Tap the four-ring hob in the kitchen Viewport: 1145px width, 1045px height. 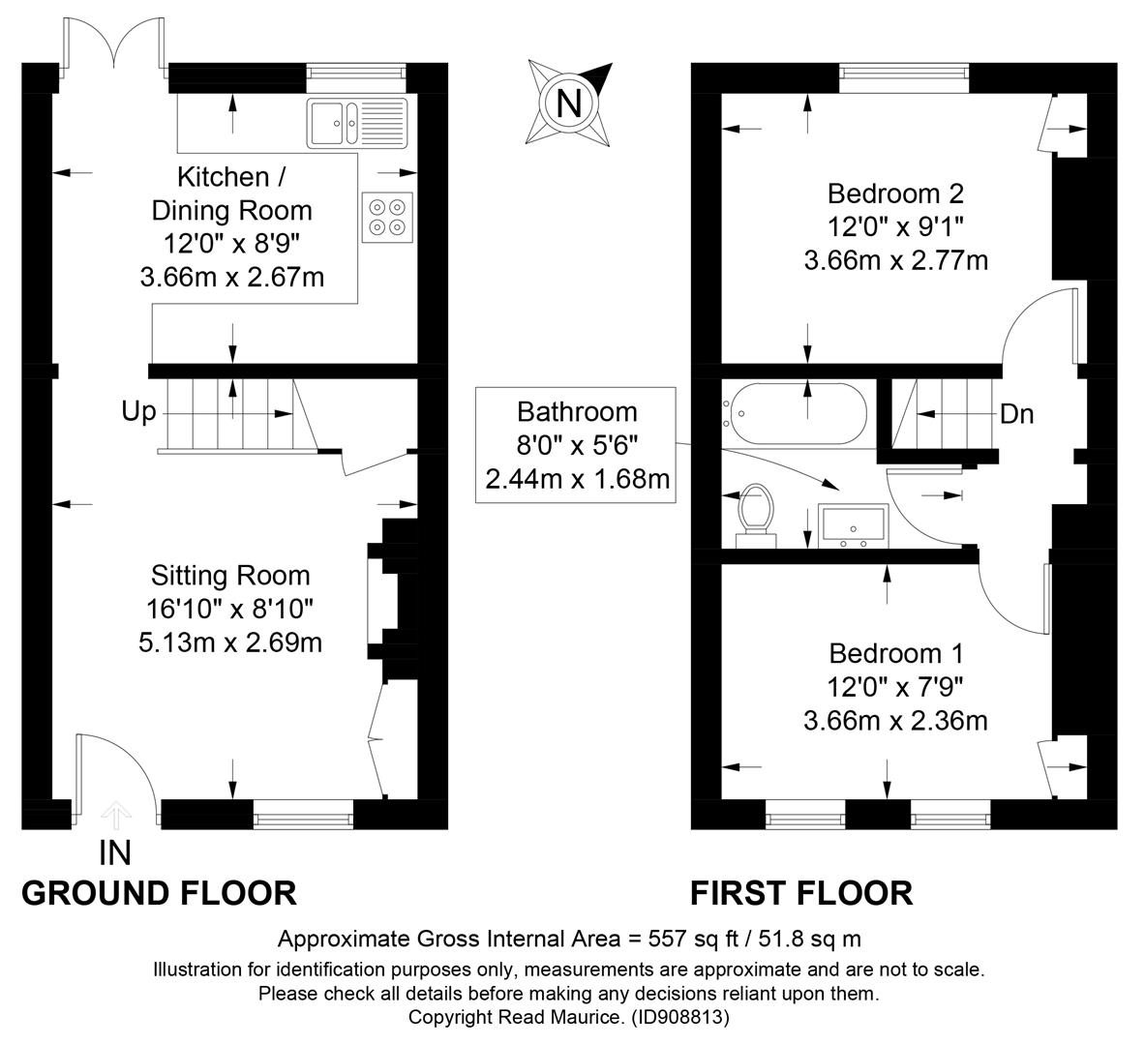click(x=387, y=217)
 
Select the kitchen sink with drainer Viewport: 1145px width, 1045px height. click(x=357, y=123)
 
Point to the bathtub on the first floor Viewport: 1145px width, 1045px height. click(x=795, y=413)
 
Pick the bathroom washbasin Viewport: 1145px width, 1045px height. click(x=853, y=525)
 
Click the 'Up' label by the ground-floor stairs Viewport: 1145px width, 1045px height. click(x=138, y=412)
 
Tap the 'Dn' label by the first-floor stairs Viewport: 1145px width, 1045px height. click(x=1016, y=414)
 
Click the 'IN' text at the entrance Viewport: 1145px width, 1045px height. click(x=114, y=853)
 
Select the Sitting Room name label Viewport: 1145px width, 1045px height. click(x=230, y=576)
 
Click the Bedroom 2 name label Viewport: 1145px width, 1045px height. click(x=896, y=194)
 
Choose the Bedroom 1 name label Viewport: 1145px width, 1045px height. click(x=896, y=653)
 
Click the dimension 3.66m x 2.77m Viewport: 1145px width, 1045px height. click(x=896, y=260)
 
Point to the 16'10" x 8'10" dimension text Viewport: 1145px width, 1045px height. click(x=230, y=609)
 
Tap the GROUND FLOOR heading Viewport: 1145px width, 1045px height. click(x=159, y=893)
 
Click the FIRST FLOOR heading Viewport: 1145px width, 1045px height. click(x=801, y=893)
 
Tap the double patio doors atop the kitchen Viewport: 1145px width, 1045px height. click(x=114, y=45)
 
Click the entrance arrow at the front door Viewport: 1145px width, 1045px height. click(x=115, y=815)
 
